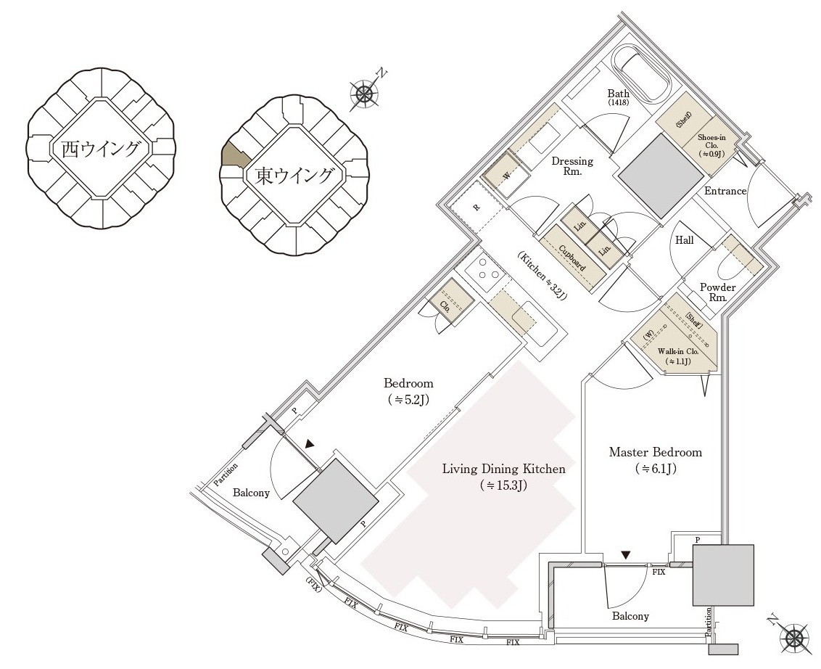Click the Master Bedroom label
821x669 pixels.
[x=655, y=453]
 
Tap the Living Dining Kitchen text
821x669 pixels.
[x=503, y=469]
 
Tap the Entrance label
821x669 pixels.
[x=725, y=191]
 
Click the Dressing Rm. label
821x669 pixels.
[x=572, y=167]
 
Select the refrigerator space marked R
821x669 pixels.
[x=476, y=207]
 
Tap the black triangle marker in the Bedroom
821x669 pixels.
[x=310, y=444]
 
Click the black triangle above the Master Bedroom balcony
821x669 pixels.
[x=626, y=555]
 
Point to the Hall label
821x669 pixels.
[x=684, y=240]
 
